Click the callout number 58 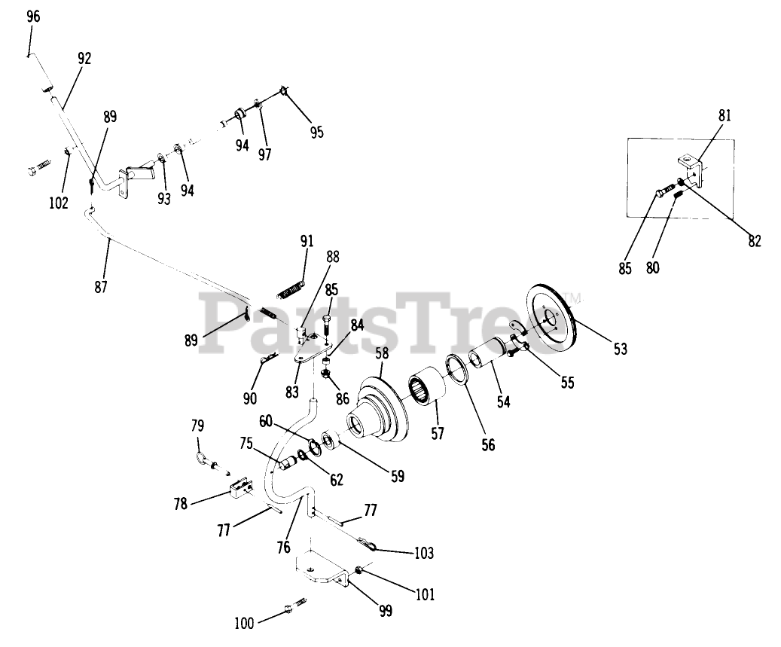tap(382, 352)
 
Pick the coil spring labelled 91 tap(291, 289)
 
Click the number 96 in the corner tap(33, 17)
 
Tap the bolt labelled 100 tap(295, 609)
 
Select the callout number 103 tap(424, 554)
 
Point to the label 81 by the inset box tap(725, 116)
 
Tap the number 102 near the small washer tap(59, 203)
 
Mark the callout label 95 tap(316, 133)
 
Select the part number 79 tap(198, 427)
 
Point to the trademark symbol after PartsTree tap(574, 298)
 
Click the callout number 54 tap(503, 402)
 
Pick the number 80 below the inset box tap(653, 267)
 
